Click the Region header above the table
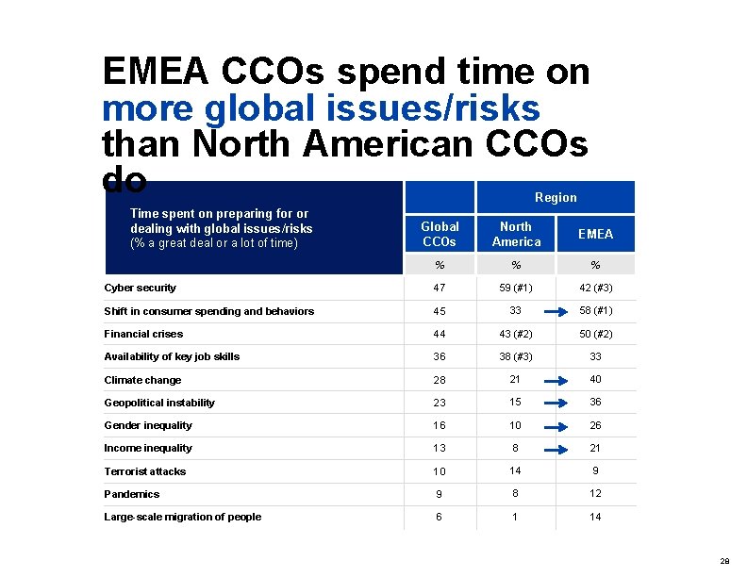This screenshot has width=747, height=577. click(556, 197)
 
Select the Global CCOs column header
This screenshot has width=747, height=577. click(440, 234)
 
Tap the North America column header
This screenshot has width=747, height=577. click(516, 234)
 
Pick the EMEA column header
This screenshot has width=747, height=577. click(595, 234)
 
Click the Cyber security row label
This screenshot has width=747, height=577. click(140, 288)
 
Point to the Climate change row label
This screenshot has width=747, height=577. click(142, 380)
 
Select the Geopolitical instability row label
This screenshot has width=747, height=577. click(159, 403)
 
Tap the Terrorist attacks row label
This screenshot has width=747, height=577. click(144, 471)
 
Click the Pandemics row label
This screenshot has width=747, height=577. click(131, 494)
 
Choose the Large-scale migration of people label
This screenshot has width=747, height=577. click(182, 517)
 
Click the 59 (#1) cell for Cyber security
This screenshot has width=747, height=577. click(516, 288)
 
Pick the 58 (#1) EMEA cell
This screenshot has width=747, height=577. click(595, 311)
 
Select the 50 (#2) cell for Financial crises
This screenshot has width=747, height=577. click(595, 334)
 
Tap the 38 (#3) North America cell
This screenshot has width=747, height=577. click(516, 356)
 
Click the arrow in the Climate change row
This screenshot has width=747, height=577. click(556, 381)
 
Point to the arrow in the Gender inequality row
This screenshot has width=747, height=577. click(556, 426)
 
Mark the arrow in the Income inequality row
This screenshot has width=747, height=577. click(556, 449)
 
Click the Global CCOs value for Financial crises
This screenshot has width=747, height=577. click(440, 334)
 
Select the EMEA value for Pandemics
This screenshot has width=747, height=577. click(595, 494)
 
